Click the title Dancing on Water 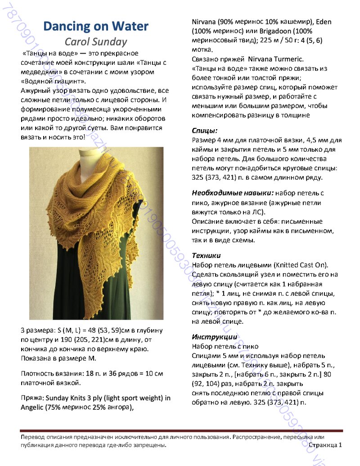pyautogui.click(x=96, y=27)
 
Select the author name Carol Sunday pyautogui.click(x=96, y=42)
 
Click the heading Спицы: pyautogui.click(x=205, y=131)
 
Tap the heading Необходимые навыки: pyautogui.click(x=233, y=193)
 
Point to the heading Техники pyautogui.click(x=207, y=255)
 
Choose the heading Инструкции pyautogui.click(x=215, y=337)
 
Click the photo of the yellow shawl pyautogui.click(x=96, y=233)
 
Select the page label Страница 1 pyautogui.click(x=325, y=445)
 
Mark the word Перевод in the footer pyautogui.click(x=32, y=437)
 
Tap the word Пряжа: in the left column pyautogui.click(x=32, y=398)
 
